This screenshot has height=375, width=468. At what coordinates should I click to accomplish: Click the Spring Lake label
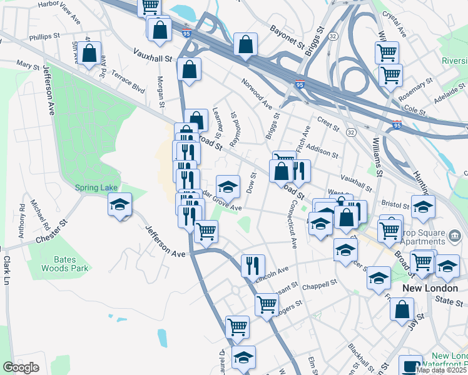pos(96,187)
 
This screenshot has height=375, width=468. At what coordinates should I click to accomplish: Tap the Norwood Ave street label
pos(258,94)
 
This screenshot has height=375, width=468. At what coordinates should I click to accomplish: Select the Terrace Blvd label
pos(128,81)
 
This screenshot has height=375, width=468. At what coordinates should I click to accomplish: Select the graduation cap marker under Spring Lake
pos(119,204)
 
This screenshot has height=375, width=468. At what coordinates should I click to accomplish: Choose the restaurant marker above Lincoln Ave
pos(253,264)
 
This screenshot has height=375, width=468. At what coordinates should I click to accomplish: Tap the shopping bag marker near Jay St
pos(402,308)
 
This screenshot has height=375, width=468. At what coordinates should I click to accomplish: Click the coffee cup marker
pos(410,366)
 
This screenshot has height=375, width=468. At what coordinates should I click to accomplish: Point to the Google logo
pos(21,367)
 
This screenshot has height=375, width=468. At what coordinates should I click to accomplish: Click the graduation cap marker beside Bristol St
pos(424,206)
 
